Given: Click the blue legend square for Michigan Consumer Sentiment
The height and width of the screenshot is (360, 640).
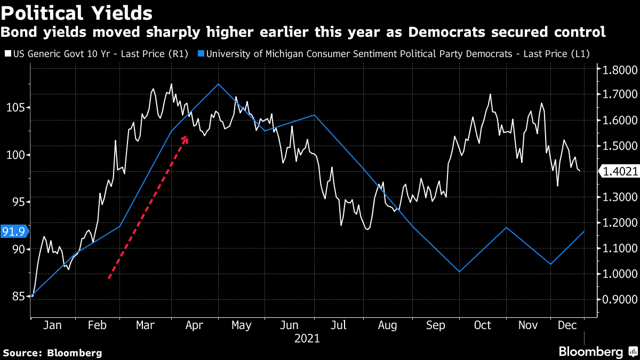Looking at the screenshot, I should coord(201,53).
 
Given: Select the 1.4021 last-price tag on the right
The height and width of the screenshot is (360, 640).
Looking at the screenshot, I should coord(620,171).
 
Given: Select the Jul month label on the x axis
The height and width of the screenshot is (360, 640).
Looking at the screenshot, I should coord(339,325).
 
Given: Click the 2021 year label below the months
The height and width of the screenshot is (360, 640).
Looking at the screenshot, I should coord(307,338).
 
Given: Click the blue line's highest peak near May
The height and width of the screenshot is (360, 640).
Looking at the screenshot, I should coord(218,84).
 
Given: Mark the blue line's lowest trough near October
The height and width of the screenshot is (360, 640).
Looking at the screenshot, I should coord(459,272).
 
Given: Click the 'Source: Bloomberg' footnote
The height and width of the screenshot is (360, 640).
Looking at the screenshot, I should coord(52,353).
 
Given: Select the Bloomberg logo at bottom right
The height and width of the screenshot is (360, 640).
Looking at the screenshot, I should coord(597,351).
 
